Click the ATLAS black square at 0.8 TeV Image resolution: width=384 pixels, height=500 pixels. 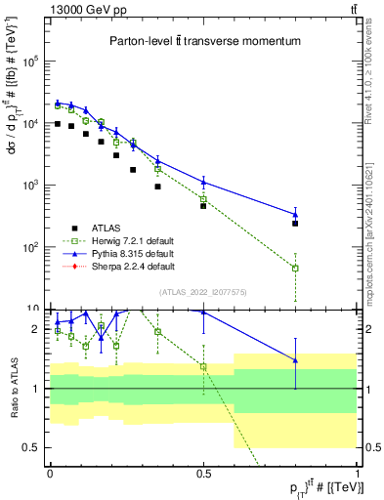295,224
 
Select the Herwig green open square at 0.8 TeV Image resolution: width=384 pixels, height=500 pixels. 295,268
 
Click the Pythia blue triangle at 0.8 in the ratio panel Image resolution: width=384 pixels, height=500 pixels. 295,360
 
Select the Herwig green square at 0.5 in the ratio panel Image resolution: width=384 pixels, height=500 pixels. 203,366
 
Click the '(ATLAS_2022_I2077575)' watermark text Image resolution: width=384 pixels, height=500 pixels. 202,291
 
